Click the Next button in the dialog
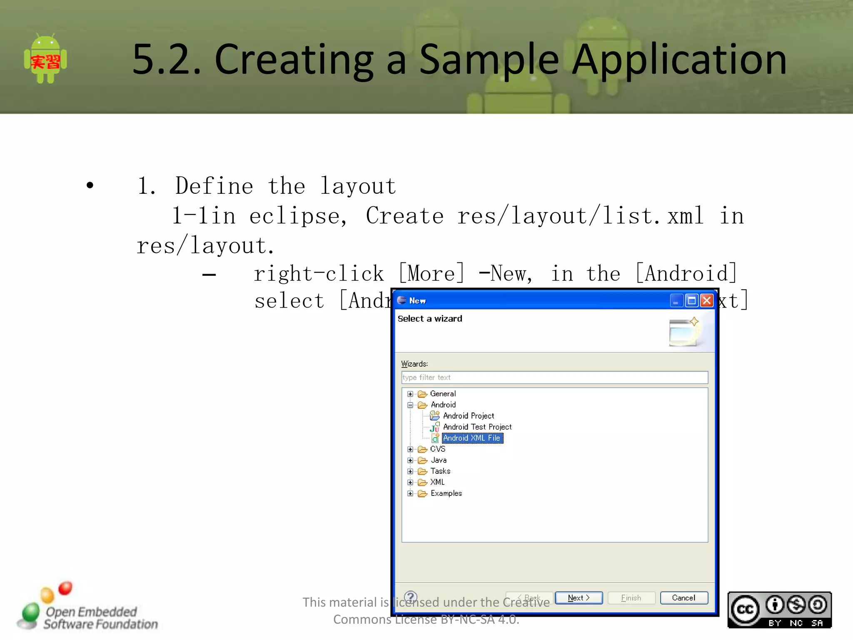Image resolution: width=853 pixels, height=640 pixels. pyautogui.click(x=579, y=597)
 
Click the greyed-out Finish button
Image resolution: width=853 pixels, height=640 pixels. pyautogui.click(x=631, y=597)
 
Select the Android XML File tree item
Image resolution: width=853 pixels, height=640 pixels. pyautogui.click(x=472, y=438)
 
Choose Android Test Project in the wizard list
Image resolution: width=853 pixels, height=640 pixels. pyautogui.click(x=477, y=427)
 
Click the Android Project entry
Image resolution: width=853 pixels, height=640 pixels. pyautogui.click(x=468, y=416)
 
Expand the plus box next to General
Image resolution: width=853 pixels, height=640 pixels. pyautogui.click(x=410, y=394)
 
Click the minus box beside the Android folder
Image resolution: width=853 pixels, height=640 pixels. pyautogui.click(x=410, y=405)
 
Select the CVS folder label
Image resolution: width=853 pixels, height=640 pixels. pyautogui.click(x=437, y=449)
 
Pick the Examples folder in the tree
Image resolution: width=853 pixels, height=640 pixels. pyautogui.click(x=446, y=493)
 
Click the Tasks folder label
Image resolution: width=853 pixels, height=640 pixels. pyautogui.click(x=440, y=471)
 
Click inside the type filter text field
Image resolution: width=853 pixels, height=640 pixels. pyautogui.click(x=554, y=377)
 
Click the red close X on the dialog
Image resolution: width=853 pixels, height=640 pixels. pyautogui.click(x=707, y=300)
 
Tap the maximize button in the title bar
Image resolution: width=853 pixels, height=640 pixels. pyautogui.click(x=692, y=300)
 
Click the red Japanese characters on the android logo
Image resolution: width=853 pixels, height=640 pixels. pyautogui.click(x=45, y=62)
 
